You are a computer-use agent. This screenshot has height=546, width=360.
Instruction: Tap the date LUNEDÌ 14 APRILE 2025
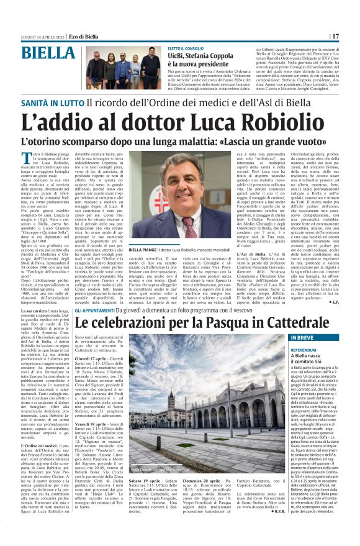pyautogui.click(x=42, y=19)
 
